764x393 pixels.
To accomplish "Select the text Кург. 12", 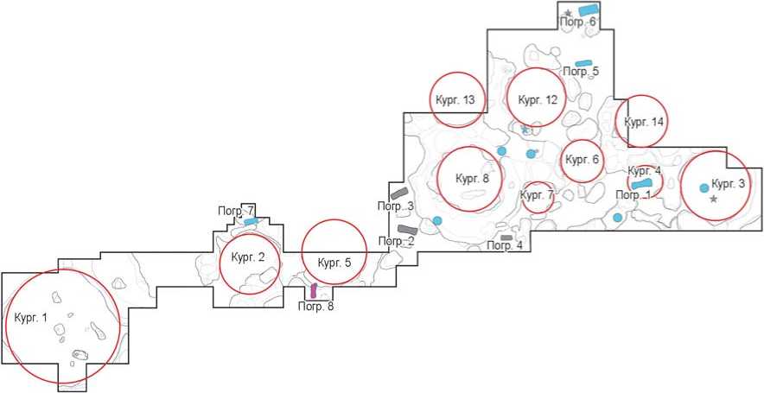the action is (x=537, y=100).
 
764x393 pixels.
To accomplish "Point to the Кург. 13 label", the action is (x=456, y=100).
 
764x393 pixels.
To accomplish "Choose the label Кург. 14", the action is (x=644, y=122).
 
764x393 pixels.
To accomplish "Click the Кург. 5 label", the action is (x=334, y=263).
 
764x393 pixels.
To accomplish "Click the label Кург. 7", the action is (x=537, y=195).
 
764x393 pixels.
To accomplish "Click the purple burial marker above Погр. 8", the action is (x=313, y=291).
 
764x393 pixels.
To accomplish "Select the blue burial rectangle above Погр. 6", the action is (x=588, y=10).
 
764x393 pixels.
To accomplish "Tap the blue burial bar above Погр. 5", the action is (x=584, y=63).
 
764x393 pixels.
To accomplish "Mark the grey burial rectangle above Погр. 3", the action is (x=398, y=193).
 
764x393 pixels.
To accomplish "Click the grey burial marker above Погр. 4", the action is (x=506, y=238).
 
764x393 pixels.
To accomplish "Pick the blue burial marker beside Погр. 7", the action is (x=251, y=222).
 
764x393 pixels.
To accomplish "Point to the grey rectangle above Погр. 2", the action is (x=408, y=230).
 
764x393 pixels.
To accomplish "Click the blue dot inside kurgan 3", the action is (x=704, y=187).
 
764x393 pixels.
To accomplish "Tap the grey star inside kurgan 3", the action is (x=713, y=200).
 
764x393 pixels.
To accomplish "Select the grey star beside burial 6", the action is (x=568, y=12).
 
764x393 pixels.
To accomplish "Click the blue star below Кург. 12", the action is (x=525, y=130).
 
